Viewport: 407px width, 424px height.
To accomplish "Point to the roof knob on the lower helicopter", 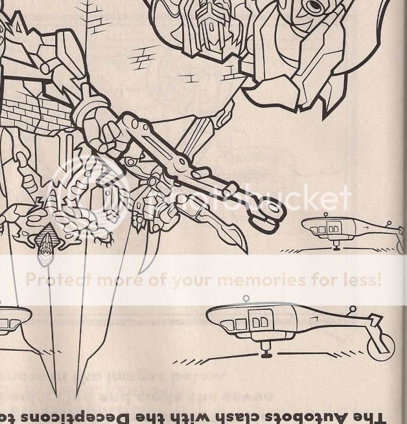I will click(x=245, y=299).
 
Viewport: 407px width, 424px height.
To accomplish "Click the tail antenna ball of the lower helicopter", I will click(x=352, y=308).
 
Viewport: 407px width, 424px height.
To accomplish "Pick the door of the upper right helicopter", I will click(x=333, y=228).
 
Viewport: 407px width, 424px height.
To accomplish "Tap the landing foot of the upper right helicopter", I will click(x=336, y=247).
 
